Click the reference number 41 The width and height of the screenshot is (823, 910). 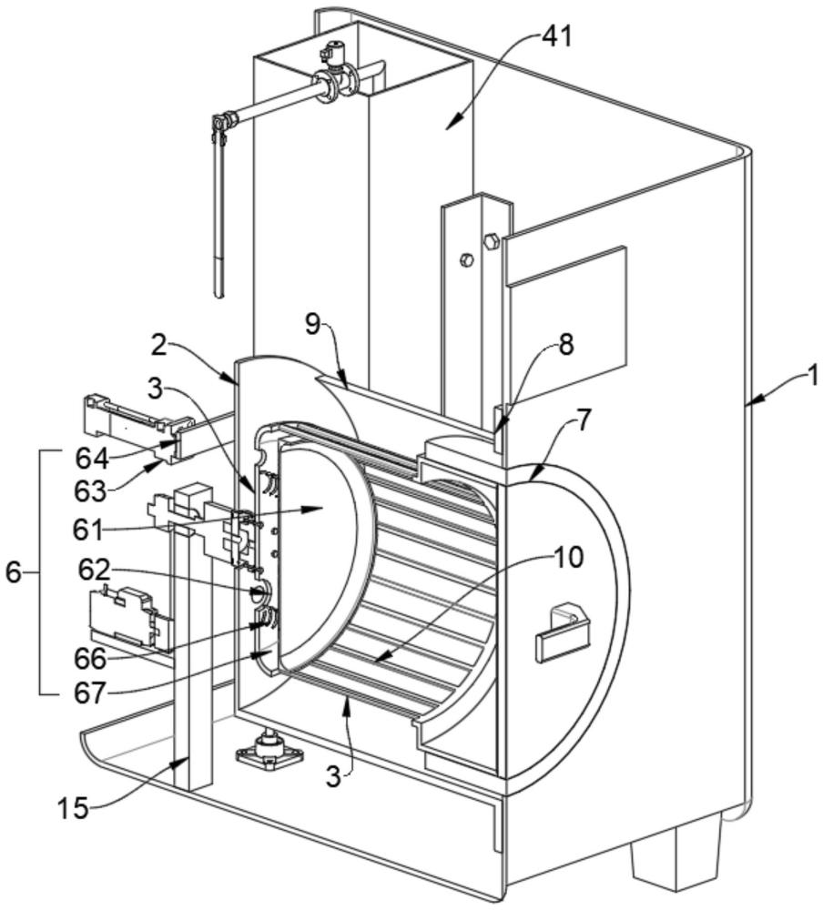pos(556,36)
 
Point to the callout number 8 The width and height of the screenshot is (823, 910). pos(565,344)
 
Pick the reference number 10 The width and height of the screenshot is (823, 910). pos(569,558)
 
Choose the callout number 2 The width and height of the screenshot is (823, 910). pos(159,347)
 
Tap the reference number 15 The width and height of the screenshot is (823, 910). pos(73,807)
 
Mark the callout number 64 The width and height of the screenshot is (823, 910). pos(91,460)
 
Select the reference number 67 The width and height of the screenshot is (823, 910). pos(90,693)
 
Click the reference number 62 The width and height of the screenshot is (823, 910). pos(95,571)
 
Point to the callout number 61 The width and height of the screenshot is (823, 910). pos(87,530)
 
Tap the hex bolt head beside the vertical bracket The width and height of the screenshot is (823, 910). pos(491,240)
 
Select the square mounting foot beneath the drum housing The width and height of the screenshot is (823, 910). pos(269,753)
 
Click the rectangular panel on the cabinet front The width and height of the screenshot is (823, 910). pos(567,324)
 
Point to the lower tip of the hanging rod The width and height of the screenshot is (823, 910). pos(218,296)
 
